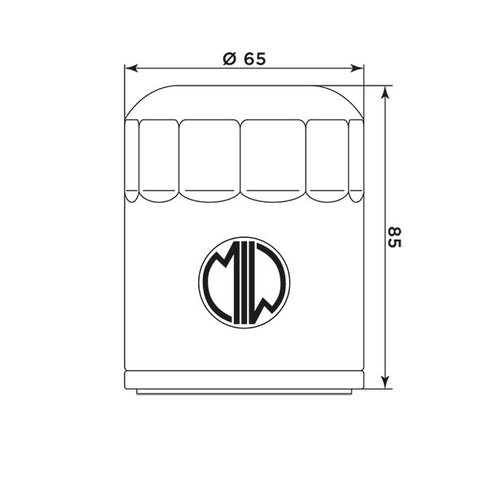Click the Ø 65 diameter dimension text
pos(244,59)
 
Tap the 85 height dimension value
pos(394,238)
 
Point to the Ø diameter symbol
pos(229,59)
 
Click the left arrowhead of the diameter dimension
pos(130,69)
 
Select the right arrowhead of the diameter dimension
pos(359,69)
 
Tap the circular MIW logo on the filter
pos(244,283)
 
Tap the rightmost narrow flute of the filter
pos(356,159)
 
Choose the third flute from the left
pos(210,159)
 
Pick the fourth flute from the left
pos(275,159)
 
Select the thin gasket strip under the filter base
pos(244,391)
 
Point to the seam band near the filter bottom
pos(244,379)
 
